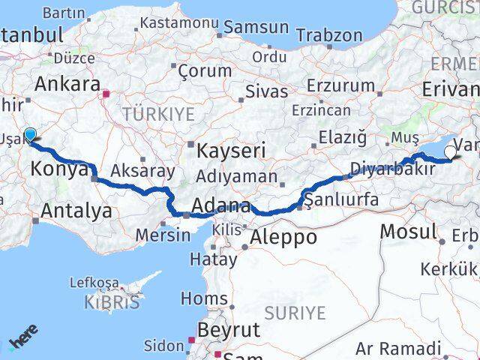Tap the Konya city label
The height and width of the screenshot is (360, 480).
(x=59, y=170)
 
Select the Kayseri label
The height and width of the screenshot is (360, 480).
(x=231, y=151)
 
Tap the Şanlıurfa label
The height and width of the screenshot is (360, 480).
(x=342, y=200)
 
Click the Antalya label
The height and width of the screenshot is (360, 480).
(x=76, y=211)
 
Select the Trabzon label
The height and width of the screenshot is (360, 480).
(x=329, y=35)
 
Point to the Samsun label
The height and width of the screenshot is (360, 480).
(x=254, y=27)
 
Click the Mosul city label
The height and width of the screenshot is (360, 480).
(x=408, y=232)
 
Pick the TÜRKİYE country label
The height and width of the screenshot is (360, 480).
(x=158, y=114)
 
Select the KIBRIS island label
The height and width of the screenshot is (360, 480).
(x=114, y=304)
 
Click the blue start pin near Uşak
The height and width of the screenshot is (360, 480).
(x=30, y=135)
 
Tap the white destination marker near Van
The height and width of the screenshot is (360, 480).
(x=449, y=153)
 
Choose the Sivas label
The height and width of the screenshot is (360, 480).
(x=267, y=92)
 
